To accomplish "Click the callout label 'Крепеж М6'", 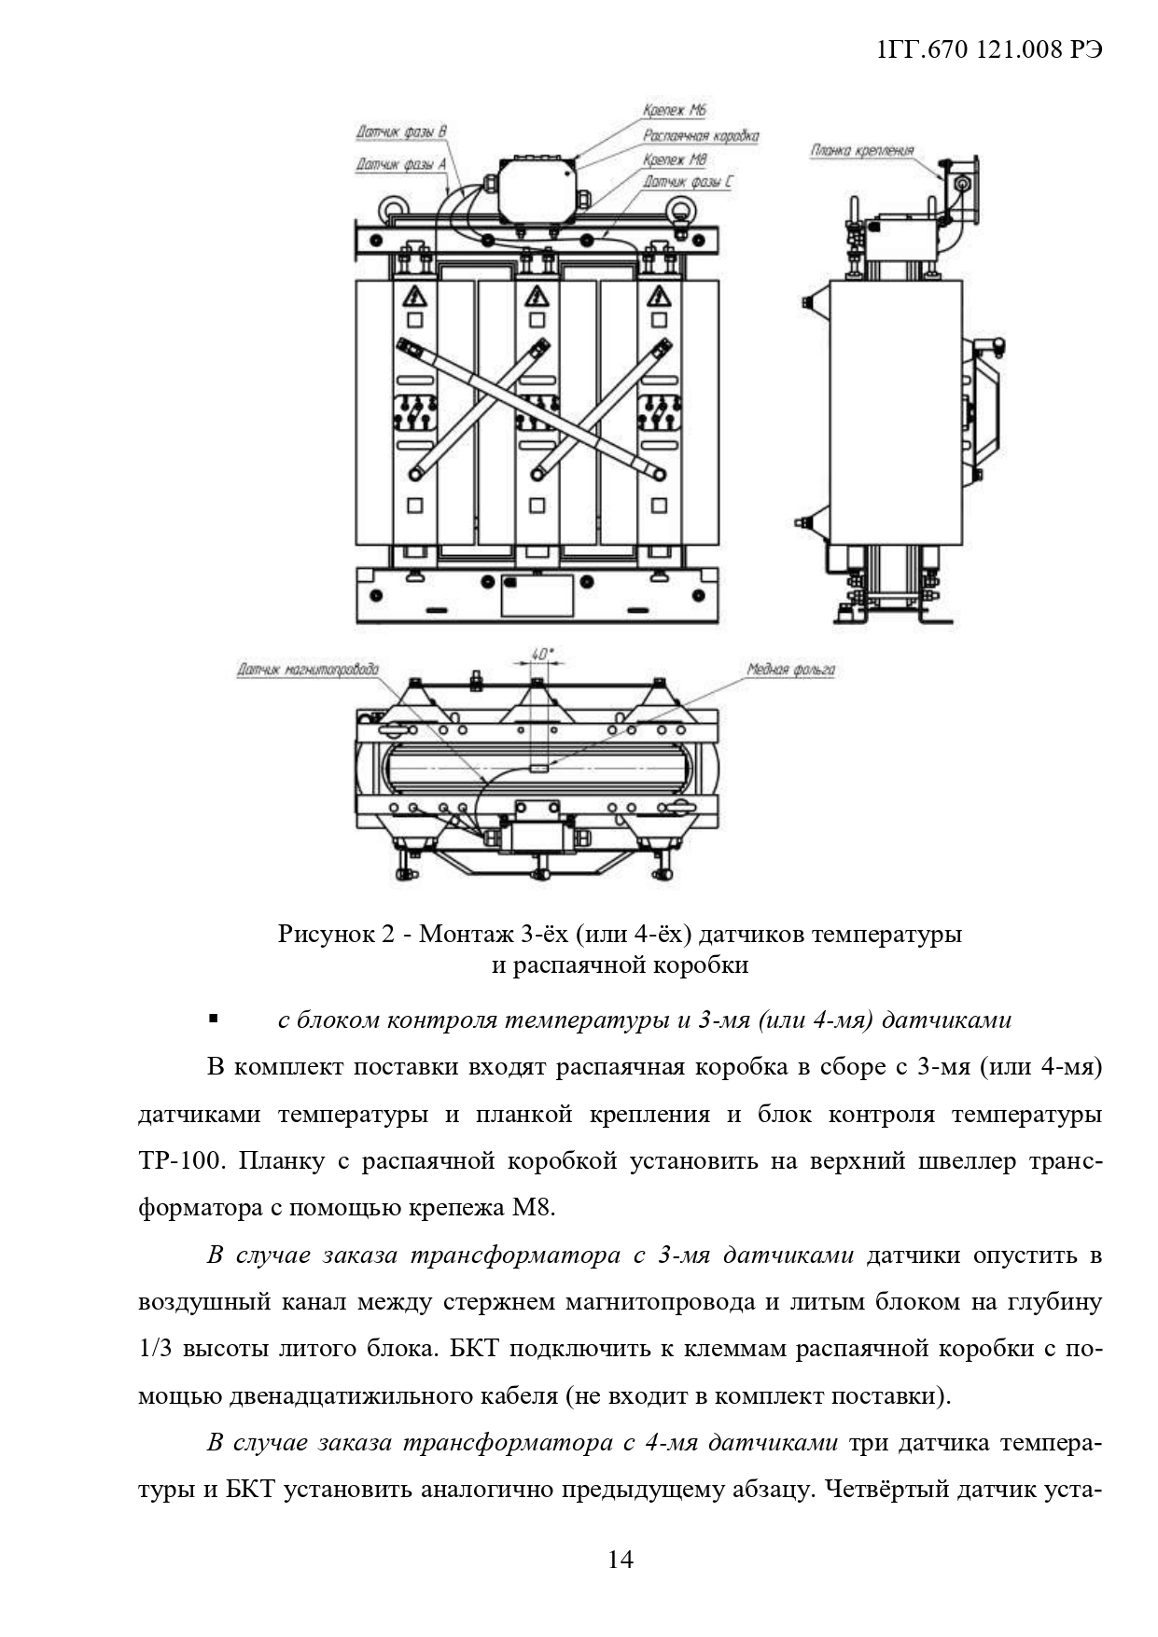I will [x=674, y=110].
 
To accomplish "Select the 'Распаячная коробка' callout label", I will [x=701, y=135].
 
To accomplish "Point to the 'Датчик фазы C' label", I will [x=687, y=182].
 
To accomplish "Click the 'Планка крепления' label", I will [x=861, y=150].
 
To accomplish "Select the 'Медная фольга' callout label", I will [x=790, y=670].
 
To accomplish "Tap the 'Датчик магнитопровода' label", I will [x=308, y=669].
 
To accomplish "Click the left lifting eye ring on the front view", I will [x=389, y=204].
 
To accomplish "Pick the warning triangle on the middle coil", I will [x=537, y=297].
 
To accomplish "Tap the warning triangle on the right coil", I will [x=659, y=297].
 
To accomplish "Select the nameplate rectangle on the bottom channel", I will [x=537, y=595].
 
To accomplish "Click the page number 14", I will [x=620, y=1559].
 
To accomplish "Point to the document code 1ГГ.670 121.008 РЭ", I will [x=990, y=50].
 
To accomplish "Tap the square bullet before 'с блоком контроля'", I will [x=214, y=1019].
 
